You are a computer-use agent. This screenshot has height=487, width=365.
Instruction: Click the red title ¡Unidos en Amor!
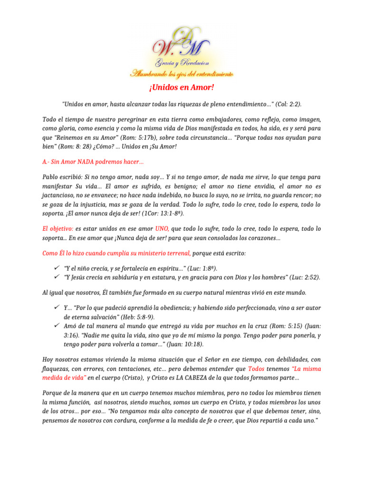tap(182, 88)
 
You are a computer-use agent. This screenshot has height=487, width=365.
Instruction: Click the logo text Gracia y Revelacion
tap(182, 63)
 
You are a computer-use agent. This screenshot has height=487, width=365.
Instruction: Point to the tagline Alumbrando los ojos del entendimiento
tap(182, 74)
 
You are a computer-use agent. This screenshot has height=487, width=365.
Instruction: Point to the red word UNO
tap(163, 229)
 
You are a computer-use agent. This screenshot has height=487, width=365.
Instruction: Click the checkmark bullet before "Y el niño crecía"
tap(57, 268)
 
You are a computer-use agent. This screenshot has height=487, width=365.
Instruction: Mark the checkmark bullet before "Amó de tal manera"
tap(57, 325)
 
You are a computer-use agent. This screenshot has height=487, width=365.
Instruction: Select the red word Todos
tap(257, 369)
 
